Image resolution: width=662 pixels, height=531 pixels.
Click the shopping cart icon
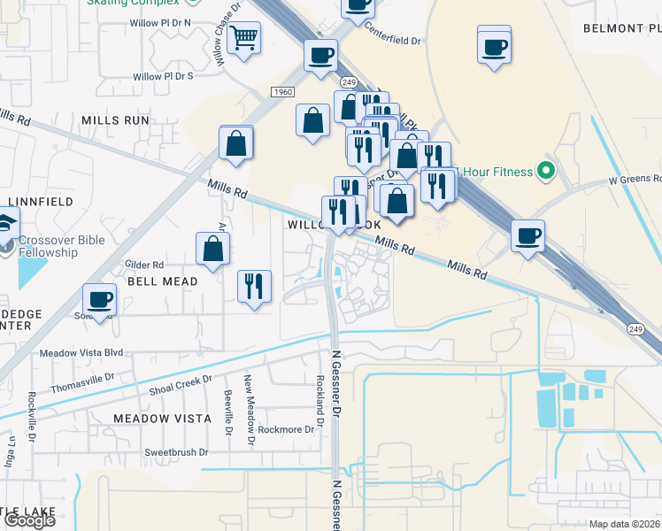pyautogui.click(x=243, y=39)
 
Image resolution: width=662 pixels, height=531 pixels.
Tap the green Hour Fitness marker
pyautogui.click(x=546, y=171)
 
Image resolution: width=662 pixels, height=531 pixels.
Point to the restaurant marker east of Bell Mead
pyautogui.click(x=254, y=286)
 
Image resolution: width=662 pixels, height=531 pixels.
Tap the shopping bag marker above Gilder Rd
pyautogui.click(x=213, y=250)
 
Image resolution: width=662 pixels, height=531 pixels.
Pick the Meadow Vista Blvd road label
pyautogui.click(x=83, y=352)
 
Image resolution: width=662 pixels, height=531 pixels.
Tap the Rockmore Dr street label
pyautogui.click(x=286, y=430)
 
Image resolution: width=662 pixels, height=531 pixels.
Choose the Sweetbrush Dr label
pyautogui.click(x=176, y=452)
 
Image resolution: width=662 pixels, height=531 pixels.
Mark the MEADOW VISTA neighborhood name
pyautogui.click(x=162, y=418)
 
